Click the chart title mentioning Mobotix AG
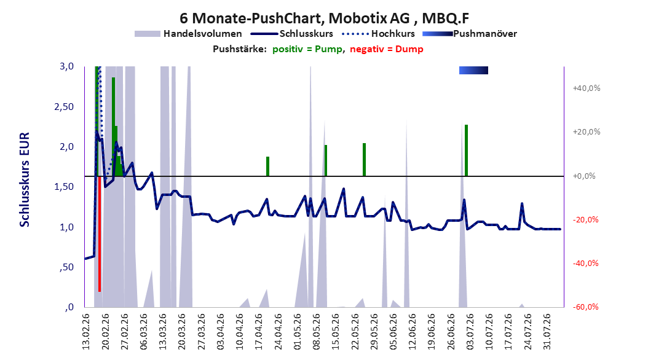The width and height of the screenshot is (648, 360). [x=324, y=18]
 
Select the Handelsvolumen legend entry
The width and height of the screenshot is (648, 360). [x=189, y=34]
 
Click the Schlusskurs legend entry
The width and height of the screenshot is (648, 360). [x=292, y=34]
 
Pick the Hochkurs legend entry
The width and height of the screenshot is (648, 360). [x=379, y=34]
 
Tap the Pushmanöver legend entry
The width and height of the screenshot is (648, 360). [x=470, y=34]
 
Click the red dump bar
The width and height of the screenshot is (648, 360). [x=100, y=233]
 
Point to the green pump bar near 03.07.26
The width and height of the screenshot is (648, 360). [x=466, y=151]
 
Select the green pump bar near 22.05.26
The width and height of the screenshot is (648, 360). [x=364, y=160]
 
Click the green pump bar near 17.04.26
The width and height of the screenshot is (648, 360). [x=268, y=166]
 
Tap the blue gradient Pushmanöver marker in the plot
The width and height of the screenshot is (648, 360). [x=473, y=70]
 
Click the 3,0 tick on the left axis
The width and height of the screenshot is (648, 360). [x=67, y=66]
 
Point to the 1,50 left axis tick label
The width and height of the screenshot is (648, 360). [x=64, y=187]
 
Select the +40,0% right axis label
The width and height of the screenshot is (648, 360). [x=587, y=88]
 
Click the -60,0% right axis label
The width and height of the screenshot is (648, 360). [x=585, y=307]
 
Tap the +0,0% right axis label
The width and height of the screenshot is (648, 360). [x=584, y=176]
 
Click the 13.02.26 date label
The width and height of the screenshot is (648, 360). [x=86, y=332]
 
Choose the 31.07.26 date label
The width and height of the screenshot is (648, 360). [x=547, y=332]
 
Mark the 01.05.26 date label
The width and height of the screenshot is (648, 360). [x=298, y=332]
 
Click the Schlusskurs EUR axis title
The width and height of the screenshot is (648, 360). [x=25, y=179]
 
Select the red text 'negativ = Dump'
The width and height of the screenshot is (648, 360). [x=387, y=49]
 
